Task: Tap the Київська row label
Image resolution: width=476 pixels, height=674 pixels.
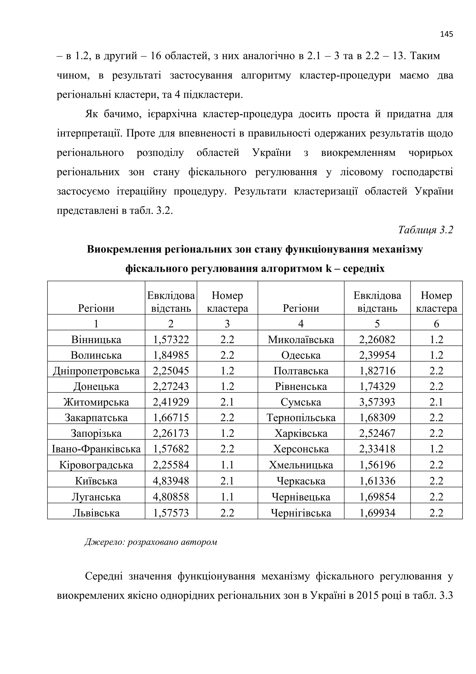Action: click(96, 481)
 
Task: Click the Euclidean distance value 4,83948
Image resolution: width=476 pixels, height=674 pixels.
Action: click(171, 481)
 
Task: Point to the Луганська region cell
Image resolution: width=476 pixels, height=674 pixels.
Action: click(96, 497)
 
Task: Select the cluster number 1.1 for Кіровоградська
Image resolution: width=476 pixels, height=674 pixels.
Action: click(227, 465)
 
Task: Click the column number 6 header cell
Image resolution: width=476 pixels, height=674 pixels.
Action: click(436, 324)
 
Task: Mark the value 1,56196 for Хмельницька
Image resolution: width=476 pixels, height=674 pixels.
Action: click(377, 465)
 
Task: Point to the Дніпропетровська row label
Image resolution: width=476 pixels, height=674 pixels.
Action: click(96, 371)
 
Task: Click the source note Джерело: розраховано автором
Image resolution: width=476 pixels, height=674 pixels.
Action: click(151, 542)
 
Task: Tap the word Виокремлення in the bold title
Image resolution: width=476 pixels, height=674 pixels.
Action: click(124, 249)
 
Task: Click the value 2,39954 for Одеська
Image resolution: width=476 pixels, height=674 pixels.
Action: click(377, 355)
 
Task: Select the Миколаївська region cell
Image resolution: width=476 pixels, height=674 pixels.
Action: click(301, 340)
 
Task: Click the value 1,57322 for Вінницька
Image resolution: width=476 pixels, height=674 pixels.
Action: click(171, 340)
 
